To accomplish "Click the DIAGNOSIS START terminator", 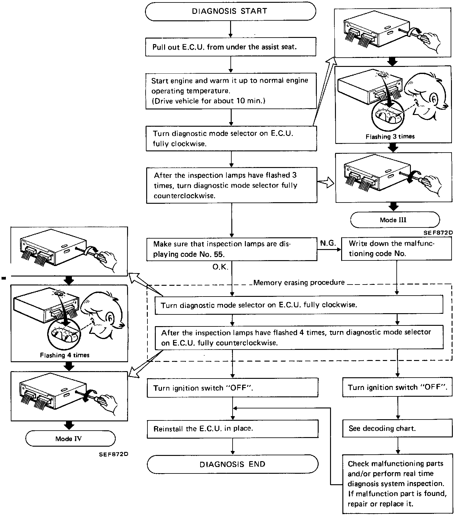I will (x=230, y=11).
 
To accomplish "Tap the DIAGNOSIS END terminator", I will (x=232, y=464).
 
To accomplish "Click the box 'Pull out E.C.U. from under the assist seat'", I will (x=230, y=47).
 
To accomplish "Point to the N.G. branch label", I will (x=328, y=244).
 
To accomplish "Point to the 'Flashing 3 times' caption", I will (x=390, y=137).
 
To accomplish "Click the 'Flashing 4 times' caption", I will (x=65, y=355).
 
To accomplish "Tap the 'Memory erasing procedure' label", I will (x=299, y=283).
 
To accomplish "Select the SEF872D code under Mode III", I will (x=438, y=233).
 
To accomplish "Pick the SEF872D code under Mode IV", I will (x=114, y=454).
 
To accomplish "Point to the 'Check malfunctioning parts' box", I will (x=397, y=483).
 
